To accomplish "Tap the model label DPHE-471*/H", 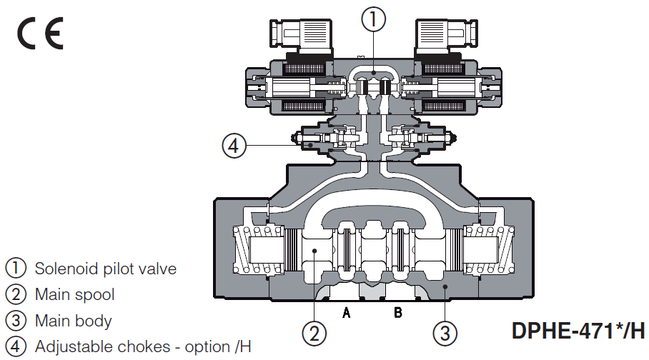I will click(578, 331).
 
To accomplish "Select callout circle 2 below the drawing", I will click(314, 333).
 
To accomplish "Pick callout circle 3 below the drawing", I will click(443, 333).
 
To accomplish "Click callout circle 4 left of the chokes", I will click(234, 146).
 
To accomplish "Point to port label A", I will click(347, 313).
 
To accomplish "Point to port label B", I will click(398, 313).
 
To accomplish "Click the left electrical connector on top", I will click(300, 36).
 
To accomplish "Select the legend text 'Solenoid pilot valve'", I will click(105, 269).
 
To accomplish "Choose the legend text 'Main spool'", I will click(74, 294).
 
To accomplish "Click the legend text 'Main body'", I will click(73, 321).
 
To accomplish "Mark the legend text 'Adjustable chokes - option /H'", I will click(143, 347).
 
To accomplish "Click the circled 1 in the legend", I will click(16, 269).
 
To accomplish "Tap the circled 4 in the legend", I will click(16, 347).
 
